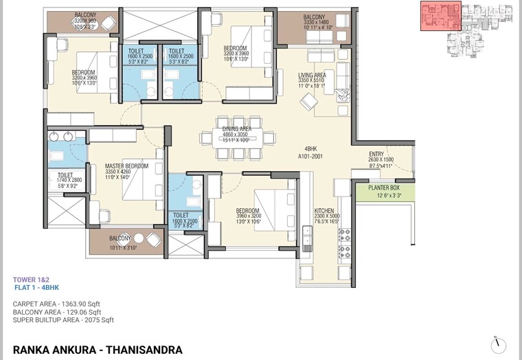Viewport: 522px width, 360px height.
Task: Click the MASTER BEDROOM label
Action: (127, 166)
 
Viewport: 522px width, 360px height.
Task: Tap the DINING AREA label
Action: (236, 129)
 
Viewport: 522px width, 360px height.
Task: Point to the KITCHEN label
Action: (324, 211)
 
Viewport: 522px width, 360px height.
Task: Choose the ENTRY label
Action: (377, 154)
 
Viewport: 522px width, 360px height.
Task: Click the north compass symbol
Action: (499, 344)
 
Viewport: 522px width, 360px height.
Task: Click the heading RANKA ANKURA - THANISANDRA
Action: (98, 349)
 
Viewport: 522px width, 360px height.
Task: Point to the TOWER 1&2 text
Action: (31, 280)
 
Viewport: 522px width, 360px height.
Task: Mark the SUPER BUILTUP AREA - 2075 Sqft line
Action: (63, 319)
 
